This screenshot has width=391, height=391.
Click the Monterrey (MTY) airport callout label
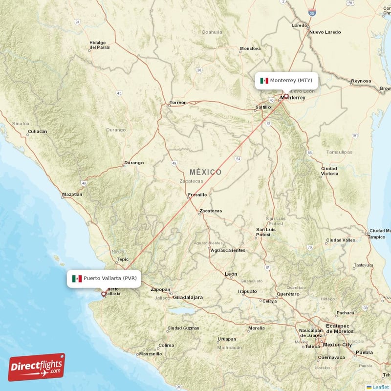pyautogui.click(x=287, y=80)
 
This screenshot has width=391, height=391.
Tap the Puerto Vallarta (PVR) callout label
pyautogui.click(x=105, y=278)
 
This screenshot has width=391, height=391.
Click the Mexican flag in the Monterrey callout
pyautogui.click(x=264, y=81)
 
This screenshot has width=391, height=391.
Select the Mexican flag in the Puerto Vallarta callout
pyautogui.click(x=77, y=279)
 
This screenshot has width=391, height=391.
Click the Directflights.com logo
pyautogui.click(x=37, y=367)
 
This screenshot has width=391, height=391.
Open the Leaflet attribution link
pyautogui.click(x=381, y=387)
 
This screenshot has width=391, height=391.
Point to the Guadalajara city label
pyautogui.click(x=188, y=297)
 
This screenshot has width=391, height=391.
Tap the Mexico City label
pyautogui.click(x=337, y=345)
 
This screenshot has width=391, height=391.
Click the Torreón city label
pyautogui.click(x=177, y=103)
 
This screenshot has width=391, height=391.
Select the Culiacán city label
pyautogui.click(x=38, y=131)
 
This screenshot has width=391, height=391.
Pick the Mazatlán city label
pyautogui.click(x=72, y=195)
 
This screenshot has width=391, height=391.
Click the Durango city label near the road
pyautogui.click(x=134, y=162)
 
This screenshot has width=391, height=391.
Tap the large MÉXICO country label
pyautogui.click(x=205, y=172)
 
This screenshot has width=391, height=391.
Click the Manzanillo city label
pyautogui.click(x=151, y=354)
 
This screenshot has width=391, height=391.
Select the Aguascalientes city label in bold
pyautogui.click(x=228, y=250)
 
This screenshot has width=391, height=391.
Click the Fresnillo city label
pyautogui.click(x=197, y=195)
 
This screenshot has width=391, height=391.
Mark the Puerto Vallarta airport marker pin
pyautogui.click(x=103, y=294)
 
